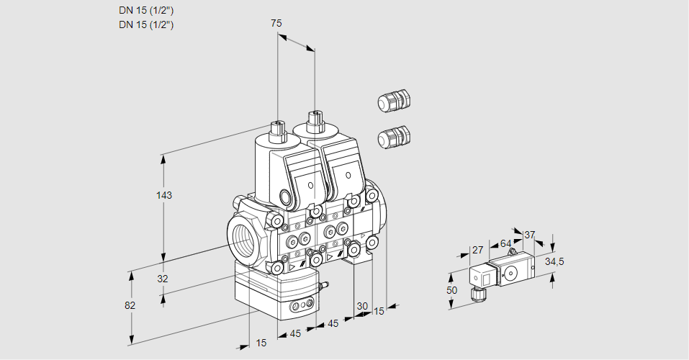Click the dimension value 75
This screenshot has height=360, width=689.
point(276,23)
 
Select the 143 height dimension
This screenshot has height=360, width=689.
point(166,195)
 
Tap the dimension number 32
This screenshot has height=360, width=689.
point(163,279)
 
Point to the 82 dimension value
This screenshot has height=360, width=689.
point(130,305)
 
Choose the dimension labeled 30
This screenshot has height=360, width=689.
point(361,306)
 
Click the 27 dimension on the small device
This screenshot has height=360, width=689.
point(477,250)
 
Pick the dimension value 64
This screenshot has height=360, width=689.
point(505,243)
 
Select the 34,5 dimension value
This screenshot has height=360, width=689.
point(554,261)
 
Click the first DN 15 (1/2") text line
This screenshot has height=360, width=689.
point(146,10)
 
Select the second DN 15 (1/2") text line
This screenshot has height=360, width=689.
point(146,24)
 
